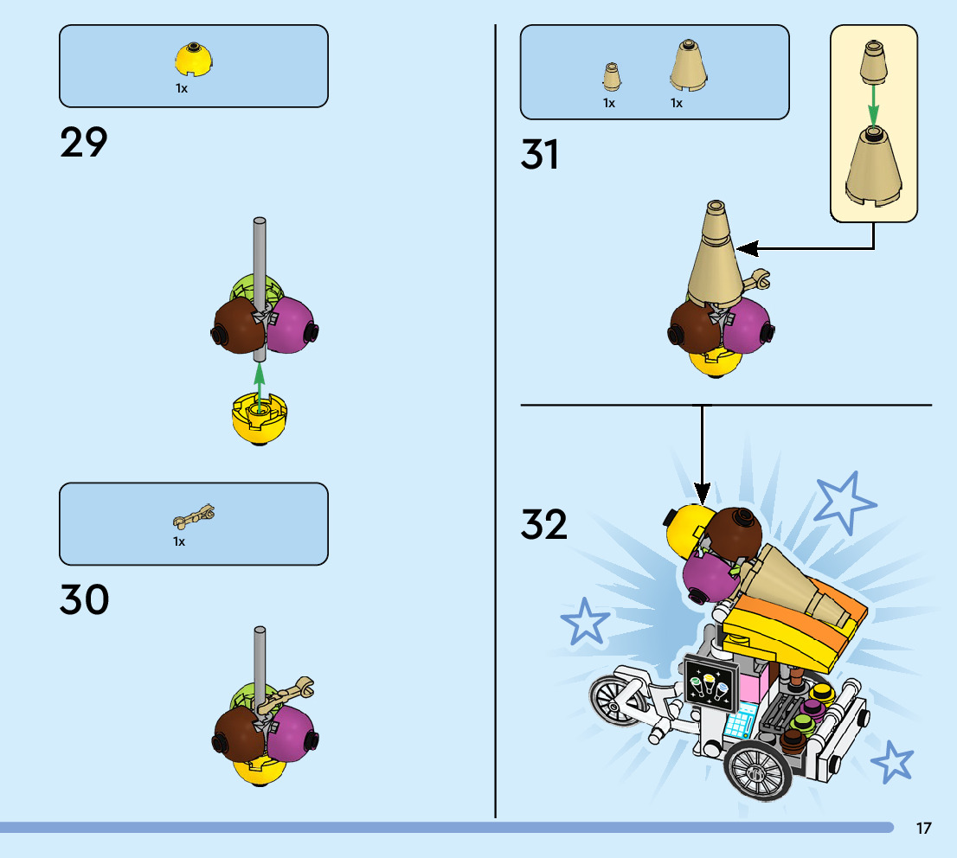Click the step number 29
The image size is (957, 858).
pyautogui.click(x=84, y=143)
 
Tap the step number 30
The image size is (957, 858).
pyautogui.click(x=84, y=600)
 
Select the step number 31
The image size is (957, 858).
pyautogui.click(x=540, y=155)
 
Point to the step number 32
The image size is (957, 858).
pyautogui.click(x=544, y=524)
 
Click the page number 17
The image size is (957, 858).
pyautogui.click(x=923, y=829)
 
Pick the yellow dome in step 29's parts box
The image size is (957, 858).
pyautogui.click(x=194, y=60)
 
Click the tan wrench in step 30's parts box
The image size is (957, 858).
pyautogui.click(x=194, y=518)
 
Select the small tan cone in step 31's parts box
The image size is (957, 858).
pyautogui.click(x=611, y=77)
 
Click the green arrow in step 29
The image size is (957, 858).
pyautogui.click(x=258, y=381)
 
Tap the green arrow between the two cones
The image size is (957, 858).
pyautogui.click(x=874, y=105)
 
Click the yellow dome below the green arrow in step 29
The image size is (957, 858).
pyautogui.click(x=258, y=419)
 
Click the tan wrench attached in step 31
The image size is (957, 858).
pyautogui.click(x=759, y=279)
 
